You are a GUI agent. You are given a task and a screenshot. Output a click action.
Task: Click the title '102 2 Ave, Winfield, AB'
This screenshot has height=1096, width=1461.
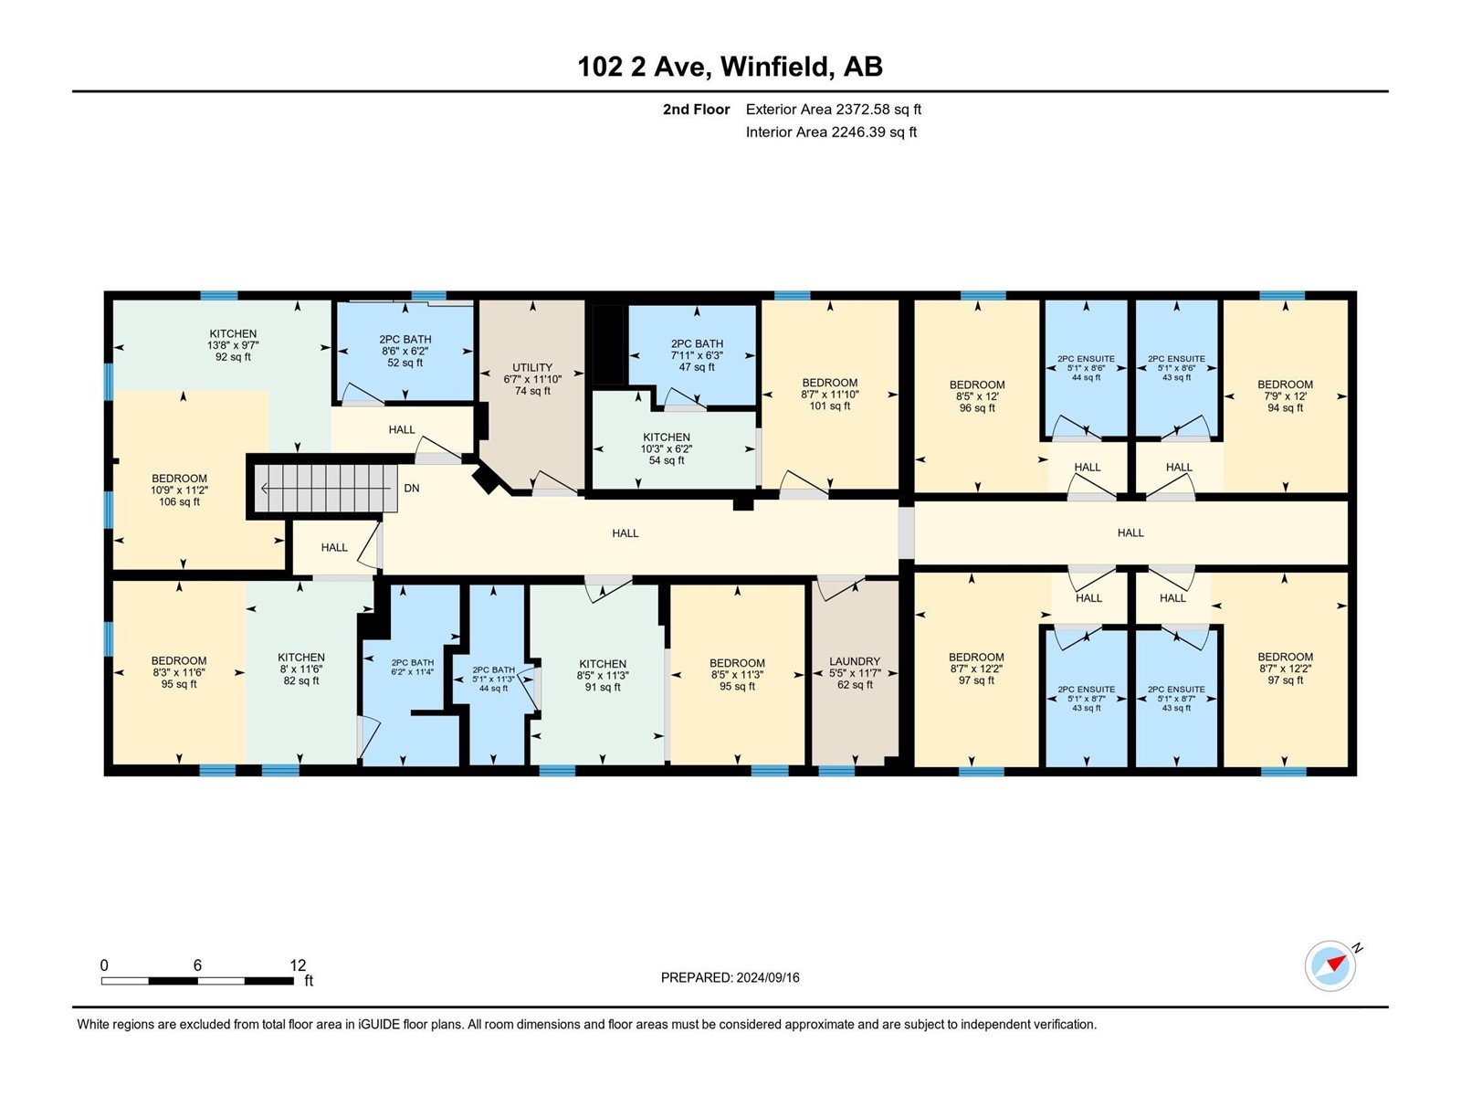pos(730,67)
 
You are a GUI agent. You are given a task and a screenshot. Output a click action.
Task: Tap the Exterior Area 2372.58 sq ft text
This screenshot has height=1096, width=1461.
pos(834,109)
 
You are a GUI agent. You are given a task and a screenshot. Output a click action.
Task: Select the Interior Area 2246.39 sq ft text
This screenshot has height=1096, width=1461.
pos(831,132)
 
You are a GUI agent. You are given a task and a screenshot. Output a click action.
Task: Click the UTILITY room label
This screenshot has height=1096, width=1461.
pos(532,367)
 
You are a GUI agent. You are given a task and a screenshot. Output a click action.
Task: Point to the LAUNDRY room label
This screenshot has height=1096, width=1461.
pos(855,660)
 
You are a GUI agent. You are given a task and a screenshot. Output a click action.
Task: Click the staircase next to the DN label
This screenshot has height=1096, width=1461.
pos(325,488)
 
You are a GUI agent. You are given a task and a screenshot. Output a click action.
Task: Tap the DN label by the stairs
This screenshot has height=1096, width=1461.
pos(412,488)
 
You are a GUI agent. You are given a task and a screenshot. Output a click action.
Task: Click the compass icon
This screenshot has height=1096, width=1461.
pos(1330,965)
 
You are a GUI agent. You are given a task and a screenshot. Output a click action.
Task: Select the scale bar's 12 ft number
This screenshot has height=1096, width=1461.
pos(299,964)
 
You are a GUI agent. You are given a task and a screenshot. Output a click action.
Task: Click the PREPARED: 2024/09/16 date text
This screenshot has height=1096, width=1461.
pos(730,977)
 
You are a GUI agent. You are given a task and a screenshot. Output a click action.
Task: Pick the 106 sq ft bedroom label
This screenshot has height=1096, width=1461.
pos(179,490)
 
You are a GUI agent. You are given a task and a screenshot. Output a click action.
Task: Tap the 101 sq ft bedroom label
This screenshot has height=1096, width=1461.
pos(830,394)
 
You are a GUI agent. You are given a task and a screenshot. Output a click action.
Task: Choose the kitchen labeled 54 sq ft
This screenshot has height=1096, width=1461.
pos(667,448)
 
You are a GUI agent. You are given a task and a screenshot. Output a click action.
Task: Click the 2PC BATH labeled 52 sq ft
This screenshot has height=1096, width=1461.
pos(405,351)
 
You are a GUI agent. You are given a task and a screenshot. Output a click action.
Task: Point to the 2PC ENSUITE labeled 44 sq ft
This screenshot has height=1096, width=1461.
pos(1087,368)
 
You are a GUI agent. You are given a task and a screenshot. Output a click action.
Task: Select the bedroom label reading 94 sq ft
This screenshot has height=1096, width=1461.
pos(1286,396)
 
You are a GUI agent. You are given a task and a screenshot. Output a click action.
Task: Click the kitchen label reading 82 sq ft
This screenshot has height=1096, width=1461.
pos(301,669)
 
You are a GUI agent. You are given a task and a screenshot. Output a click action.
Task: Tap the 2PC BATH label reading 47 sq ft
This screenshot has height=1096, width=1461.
pos(697,355)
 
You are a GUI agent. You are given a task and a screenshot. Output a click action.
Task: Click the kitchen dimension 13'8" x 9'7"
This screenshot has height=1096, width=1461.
pos(233,345)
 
